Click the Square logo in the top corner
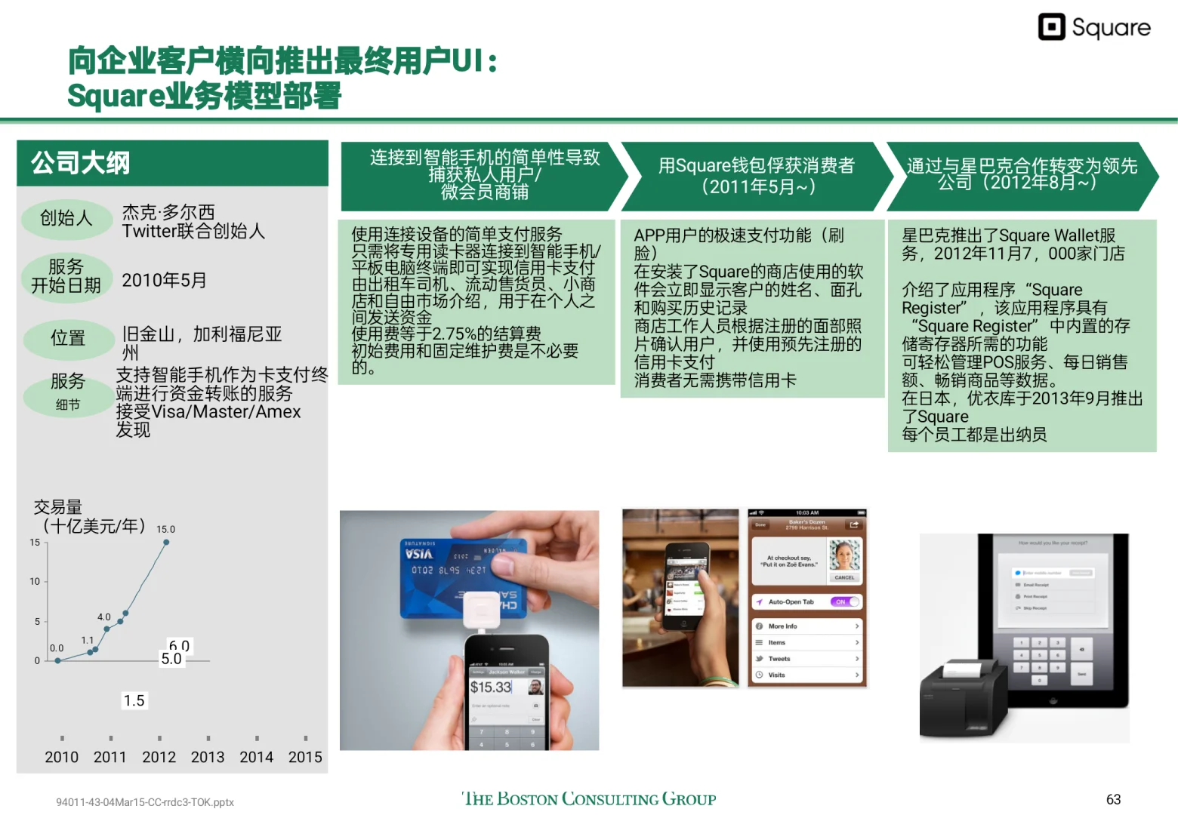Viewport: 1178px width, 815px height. [1094, 27]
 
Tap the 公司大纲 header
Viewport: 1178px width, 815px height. [80, 163]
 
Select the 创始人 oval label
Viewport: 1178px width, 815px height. [66, 219]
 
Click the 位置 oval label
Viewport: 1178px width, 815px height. [68, 338]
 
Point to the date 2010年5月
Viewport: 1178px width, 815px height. [164, 281]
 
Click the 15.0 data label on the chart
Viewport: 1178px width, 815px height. [165, 529]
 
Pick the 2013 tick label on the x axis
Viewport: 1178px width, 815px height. [208, 757]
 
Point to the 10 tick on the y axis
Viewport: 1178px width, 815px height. [35, 581]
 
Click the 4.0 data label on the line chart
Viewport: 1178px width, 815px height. [104, 617]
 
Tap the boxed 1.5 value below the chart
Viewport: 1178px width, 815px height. [134, 700]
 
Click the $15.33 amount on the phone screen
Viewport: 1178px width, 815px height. [491, 687]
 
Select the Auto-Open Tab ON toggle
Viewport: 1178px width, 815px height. [845, 601]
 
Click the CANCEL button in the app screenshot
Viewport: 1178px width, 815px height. [844, 577]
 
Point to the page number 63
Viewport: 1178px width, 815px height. [1113, 799]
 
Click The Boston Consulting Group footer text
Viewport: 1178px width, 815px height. [589, 799]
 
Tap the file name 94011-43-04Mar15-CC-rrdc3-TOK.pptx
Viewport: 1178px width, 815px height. [145, 802]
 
